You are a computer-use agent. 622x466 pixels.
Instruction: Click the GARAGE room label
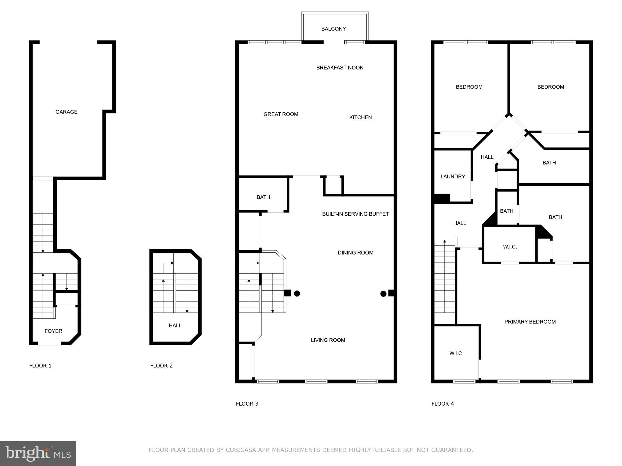(66, 112)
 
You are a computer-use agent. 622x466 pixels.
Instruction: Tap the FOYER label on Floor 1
(53, 331)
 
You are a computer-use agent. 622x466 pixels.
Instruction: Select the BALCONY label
(333, 29)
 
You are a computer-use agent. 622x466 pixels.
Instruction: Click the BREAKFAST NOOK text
(340, 68)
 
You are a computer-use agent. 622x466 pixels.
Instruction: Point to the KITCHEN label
(360, 117)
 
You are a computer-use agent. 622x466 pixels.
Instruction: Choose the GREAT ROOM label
(281, 114)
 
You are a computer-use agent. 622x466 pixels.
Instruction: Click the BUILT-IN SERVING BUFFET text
(355, 214)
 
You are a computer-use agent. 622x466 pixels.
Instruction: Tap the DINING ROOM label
(355, 253)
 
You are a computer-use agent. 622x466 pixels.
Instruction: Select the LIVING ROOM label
(328, 340)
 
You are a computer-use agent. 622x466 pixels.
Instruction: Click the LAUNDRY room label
(453, 177)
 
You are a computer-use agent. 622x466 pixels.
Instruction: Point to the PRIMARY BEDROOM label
(530, 322)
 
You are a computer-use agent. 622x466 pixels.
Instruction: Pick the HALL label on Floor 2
(175, 326)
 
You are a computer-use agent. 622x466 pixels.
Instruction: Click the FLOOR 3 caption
(247, 404)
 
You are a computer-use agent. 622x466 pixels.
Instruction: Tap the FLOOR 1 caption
(40, 366)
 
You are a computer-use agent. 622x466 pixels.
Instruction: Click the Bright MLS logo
(38, 453)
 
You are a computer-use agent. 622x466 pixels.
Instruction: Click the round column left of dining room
(297, 293)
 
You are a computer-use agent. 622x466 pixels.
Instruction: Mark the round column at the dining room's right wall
(383, 293)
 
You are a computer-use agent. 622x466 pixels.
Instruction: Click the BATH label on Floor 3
(263, 197)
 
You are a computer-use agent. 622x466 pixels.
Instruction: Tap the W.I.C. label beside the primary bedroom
(456, 353)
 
